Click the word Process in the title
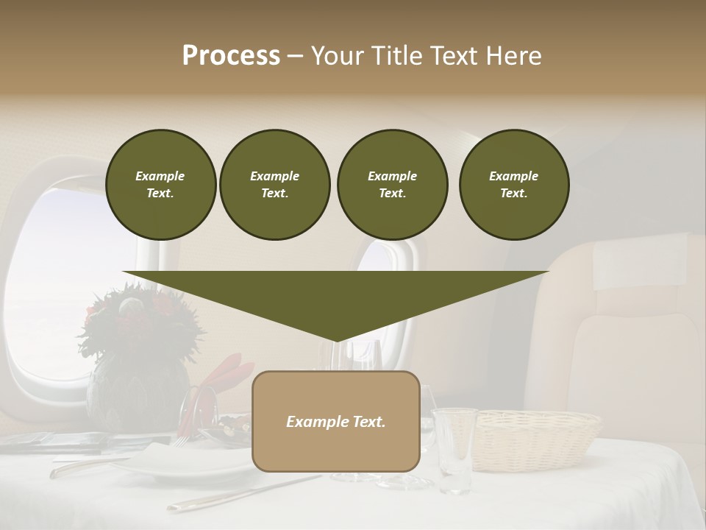(x=231, y=56)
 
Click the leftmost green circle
(x=160, y=185)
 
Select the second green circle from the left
(x=275, y=185)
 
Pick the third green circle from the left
(x=392, y=185)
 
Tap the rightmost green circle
(x=514, y=185)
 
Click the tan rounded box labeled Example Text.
(x=336, y=421)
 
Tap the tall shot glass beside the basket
(x=453, y=449)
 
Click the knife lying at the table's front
(x=243, y=493)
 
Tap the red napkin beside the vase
(x=221, y=383)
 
